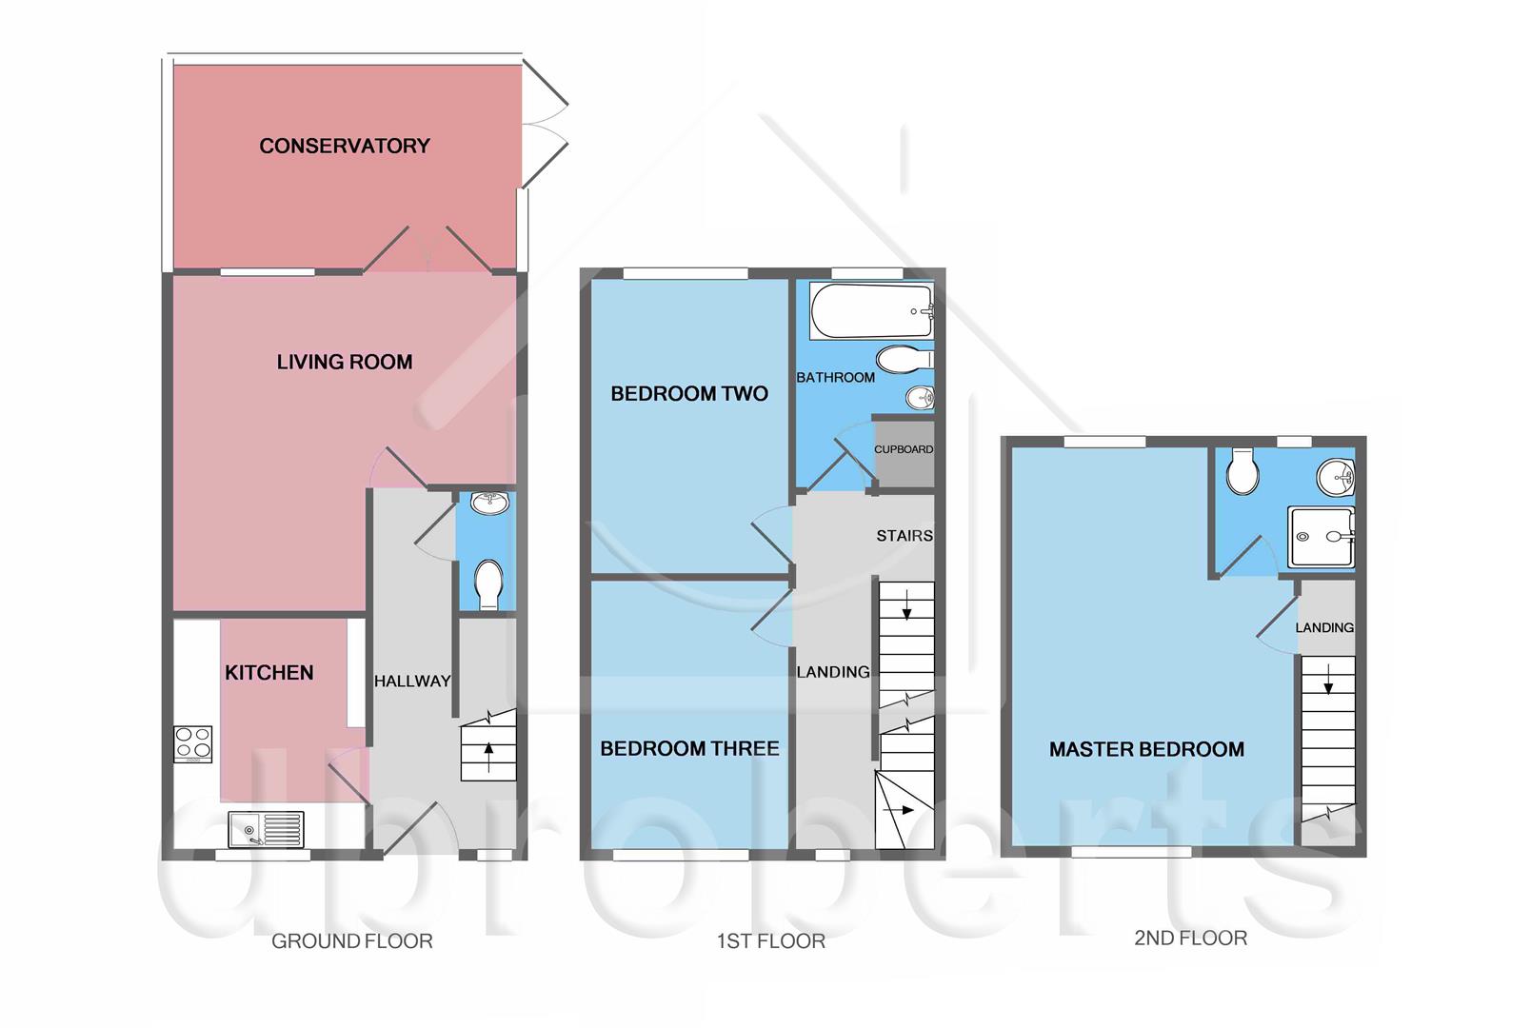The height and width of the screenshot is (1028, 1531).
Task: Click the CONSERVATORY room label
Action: [x=344, y=146]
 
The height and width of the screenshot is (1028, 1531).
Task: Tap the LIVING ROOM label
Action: [x=344, y=362]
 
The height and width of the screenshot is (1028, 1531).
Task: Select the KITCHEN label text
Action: [x=268, y=673]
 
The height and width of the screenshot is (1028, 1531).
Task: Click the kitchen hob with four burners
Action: [x=192, y=744]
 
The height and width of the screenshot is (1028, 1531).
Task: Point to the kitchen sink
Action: [x=267, y=830]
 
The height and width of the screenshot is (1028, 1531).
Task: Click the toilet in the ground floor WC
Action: [x=488, y=583]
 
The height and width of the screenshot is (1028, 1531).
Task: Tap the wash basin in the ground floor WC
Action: [x=489, y=503]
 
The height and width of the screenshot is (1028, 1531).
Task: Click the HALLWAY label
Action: [x=411, y=682]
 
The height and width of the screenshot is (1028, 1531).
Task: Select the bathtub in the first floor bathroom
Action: [x=871, y=311]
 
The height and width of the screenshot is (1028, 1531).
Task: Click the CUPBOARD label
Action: [x=904, y=449]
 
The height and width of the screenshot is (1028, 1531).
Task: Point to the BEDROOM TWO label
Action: [x=688, y=394]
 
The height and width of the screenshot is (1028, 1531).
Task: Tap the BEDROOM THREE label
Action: [x=689, y=749]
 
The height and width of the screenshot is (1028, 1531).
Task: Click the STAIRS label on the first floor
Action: [x=905, y=536]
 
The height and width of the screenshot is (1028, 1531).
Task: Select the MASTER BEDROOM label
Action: [x=1146, y=750]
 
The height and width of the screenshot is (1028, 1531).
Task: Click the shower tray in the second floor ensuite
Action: [x=1321, y=538]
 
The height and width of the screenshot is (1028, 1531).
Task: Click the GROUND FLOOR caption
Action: [x=351, y=941]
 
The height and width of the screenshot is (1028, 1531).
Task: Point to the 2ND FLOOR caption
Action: [x=1190, y=939]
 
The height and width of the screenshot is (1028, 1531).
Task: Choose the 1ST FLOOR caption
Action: [x=770, y=941]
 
